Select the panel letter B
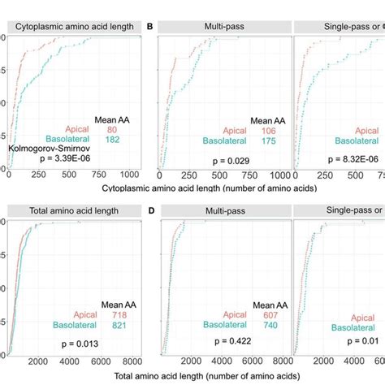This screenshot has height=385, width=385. click(149, 27)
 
